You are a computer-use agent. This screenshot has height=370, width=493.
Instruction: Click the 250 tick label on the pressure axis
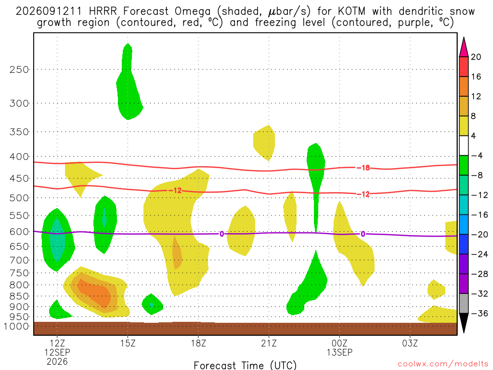pyautogui.click(x=19, y=69)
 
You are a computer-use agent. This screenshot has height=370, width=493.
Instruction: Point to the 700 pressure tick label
pyautogui.click(x=19, y=260)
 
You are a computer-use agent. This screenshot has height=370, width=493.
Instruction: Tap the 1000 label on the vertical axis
pyautogui.click(x=16, y=326)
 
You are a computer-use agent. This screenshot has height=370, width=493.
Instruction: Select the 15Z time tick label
pyautogui.click(x=128, y=343)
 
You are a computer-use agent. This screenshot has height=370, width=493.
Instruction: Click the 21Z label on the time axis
pyautogui.click(x=269, y=343)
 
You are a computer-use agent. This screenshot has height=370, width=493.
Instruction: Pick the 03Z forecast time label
pyautogui.click(x=410, y=343)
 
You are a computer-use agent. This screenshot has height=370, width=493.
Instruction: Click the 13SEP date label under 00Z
pyautogui.click(x=339, y=352)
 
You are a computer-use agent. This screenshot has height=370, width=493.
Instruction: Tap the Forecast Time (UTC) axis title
pyautogui.click(x=245, y=365)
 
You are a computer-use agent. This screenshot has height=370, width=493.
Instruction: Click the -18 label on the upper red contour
pyautogui.click(x=363, y=168)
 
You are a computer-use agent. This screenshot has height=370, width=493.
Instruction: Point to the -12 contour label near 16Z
pyautogui.click(x=175, y=190)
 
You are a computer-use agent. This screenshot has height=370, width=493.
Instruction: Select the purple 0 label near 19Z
pyautogui.click(x=221, y=234)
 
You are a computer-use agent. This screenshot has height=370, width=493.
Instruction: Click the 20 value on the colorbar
pyautogui.click(x=476, y=57)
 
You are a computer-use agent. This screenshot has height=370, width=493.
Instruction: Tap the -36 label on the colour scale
pyautogui.click(x=480, y=313)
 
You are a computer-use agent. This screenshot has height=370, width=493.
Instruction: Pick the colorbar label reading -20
pyautogui.click(x=480, y=235)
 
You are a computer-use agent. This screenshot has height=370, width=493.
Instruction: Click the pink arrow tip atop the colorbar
pyautogui.click(x=464, y=38)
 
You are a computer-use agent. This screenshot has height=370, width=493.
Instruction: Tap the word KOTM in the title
pyautogui.click(x=351, y=12)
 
